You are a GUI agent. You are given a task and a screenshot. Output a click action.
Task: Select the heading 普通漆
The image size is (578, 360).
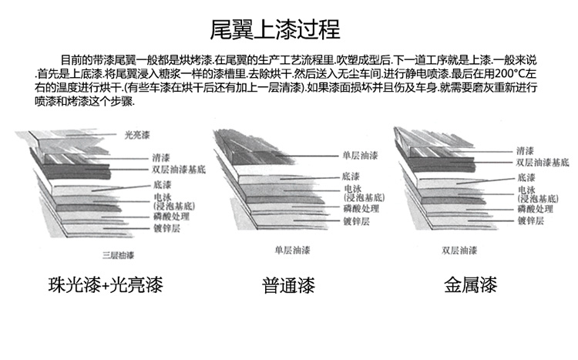[289, 286]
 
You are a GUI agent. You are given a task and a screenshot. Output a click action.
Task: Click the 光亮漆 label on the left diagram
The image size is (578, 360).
[136, 135]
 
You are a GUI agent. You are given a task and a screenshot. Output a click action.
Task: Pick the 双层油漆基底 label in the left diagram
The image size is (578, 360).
[179, 169]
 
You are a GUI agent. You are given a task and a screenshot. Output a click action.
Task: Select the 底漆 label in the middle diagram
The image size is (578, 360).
[351, 176]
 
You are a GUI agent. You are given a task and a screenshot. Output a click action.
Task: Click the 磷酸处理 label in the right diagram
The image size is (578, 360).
[536, 209]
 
